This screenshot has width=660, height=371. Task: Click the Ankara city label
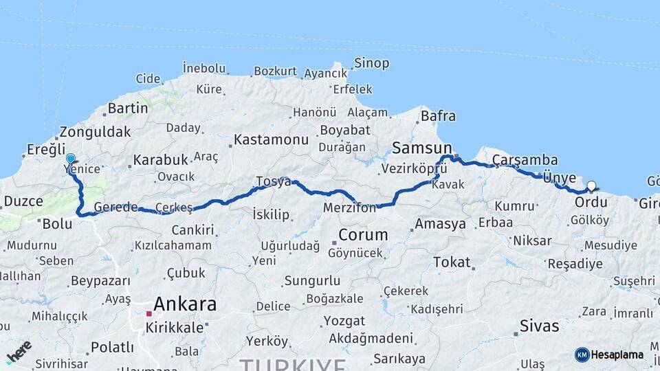[x=185, y=304]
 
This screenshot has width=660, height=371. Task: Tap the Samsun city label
[x=422, y=148]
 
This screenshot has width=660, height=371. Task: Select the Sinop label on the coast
[x=371, y=63]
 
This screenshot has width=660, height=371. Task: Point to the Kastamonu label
[x=271, y=139]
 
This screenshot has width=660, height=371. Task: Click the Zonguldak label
[x=95, y=132]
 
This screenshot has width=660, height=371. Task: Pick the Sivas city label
[x=540, y=326]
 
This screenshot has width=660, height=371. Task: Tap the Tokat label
[x=452, y=262]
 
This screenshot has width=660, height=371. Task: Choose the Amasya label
[x=440, y=224]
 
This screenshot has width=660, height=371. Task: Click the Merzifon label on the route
[x=349, y=207]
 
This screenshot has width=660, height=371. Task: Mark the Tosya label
[x=274, y=181]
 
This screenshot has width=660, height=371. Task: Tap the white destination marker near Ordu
[x=591, y=185]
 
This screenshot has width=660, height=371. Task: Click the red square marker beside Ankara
[x=148, y=313]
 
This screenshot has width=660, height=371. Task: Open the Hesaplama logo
[x=609, y=355]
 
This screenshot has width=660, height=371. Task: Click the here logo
[x=19, y=352]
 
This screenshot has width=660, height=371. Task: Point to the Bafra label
[x=438, y=116]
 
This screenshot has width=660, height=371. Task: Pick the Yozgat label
[x=344, y=321]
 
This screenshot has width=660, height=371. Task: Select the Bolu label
[x=57, y=224]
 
